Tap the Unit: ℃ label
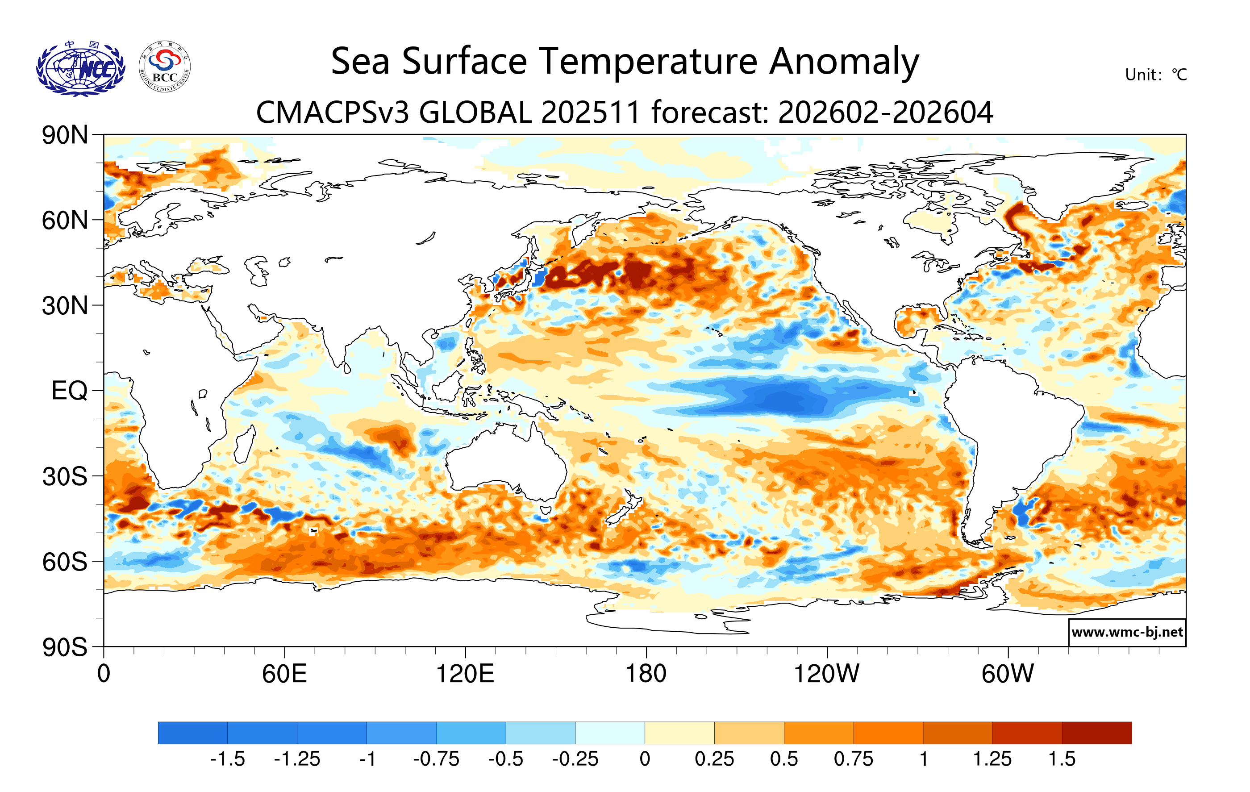1155,75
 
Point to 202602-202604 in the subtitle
885,113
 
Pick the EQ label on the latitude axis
70,391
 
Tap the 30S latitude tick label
65,476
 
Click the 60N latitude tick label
65,221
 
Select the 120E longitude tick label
465,674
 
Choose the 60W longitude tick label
1008,674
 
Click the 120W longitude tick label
826,674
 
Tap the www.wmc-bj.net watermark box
1126,632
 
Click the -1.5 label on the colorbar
227,759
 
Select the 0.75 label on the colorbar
854,759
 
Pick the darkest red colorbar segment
1096,733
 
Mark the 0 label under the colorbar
645,759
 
